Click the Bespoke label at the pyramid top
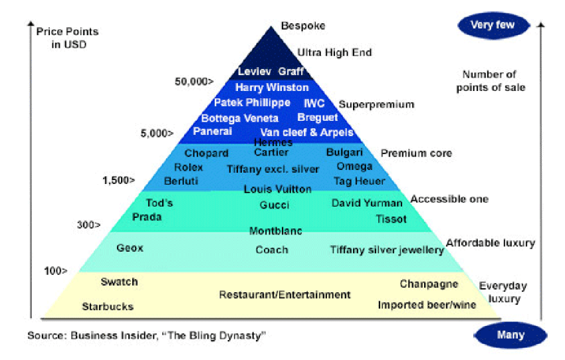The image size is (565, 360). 302,26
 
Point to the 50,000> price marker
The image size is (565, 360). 194,82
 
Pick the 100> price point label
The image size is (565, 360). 56,270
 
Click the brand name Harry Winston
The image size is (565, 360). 272,88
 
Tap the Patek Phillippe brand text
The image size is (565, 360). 252,103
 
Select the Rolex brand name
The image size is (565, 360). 188,167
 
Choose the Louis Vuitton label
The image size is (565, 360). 277,189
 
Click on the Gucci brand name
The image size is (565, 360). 275,205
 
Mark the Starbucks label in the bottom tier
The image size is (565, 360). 108,306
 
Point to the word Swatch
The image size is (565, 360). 119,282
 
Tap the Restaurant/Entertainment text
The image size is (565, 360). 284,294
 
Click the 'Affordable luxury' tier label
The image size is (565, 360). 490,243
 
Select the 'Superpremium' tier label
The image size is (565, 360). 376,104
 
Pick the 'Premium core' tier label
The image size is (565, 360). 416,153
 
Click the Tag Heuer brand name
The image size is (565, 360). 360,181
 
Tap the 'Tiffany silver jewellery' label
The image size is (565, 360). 387,250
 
